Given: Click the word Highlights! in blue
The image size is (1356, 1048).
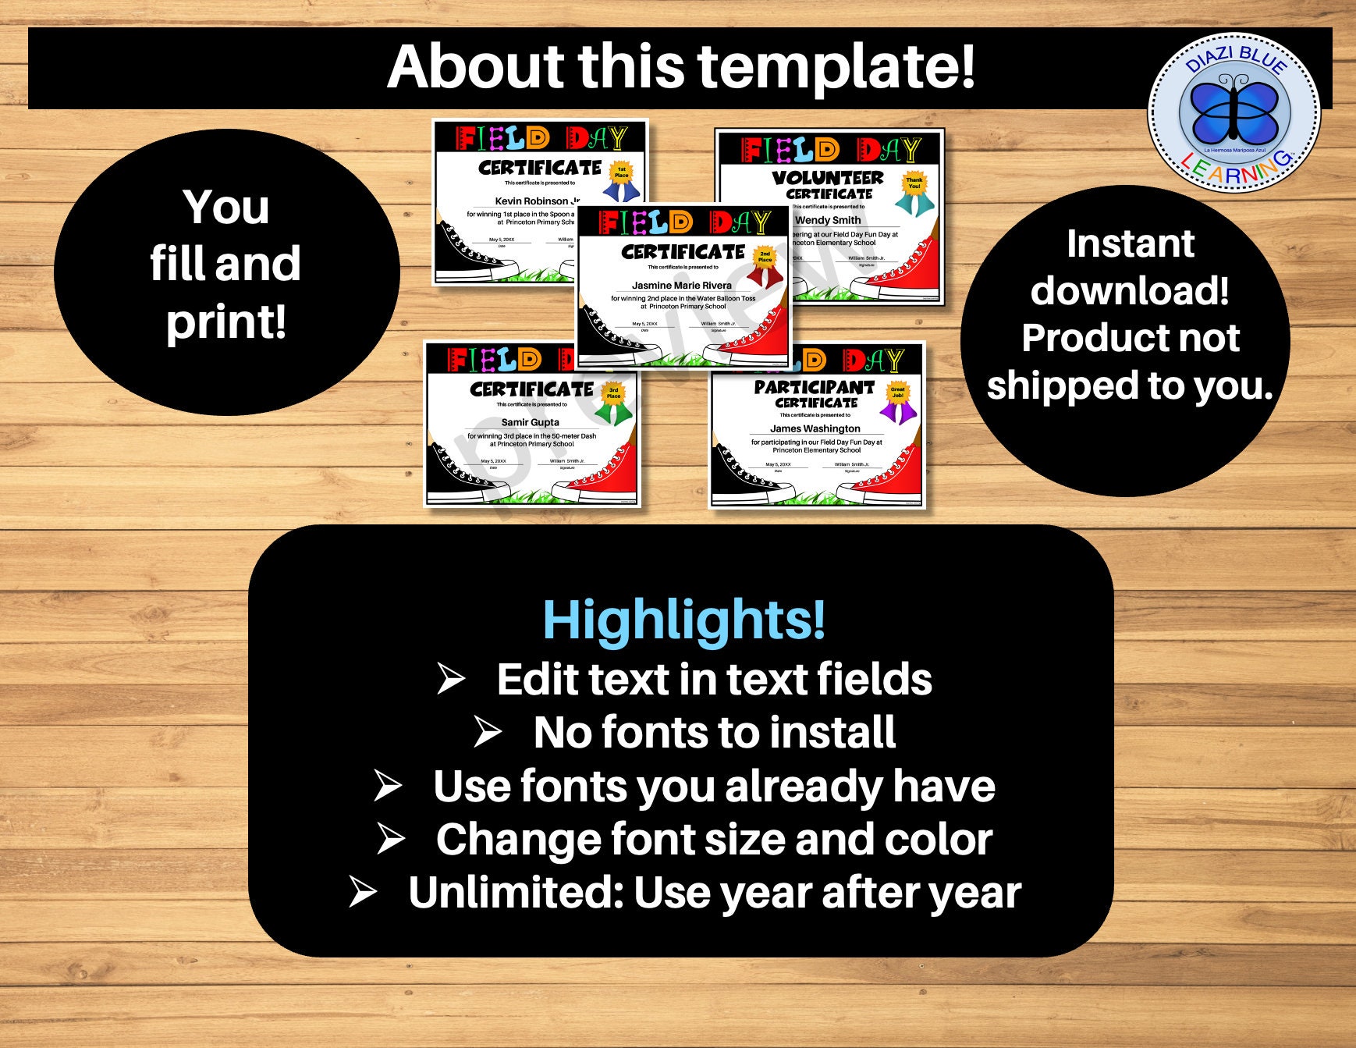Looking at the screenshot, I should [x=683, y=620].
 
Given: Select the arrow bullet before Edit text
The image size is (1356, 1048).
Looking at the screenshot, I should [x=451, y=679].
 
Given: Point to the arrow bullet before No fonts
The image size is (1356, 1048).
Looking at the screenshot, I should [x=488, y=732].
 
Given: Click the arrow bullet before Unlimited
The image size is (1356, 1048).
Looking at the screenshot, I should [x=363, y=892].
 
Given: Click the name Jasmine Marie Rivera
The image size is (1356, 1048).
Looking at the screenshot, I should [x=681, y=286].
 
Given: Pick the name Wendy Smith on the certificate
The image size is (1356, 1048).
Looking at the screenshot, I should [x=828, y=221].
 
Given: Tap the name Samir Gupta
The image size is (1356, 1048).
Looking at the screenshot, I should [x=530, y=422].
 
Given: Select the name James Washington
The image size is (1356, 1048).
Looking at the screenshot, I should [x=815, y=428].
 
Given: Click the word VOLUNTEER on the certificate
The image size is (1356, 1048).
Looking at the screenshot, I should [x=827, y=178].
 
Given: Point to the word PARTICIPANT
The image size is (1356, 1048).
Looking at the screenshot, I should [x=814, y=387].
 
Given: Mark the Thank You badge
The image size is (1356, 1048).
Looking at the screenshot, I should [x=914, y=191].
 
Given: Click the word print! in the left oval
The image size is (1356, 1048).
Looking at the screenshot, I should [x=226, y=322].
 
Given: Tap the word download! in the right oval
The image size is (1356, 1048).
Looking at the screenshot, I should [x=1130, y=291].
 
